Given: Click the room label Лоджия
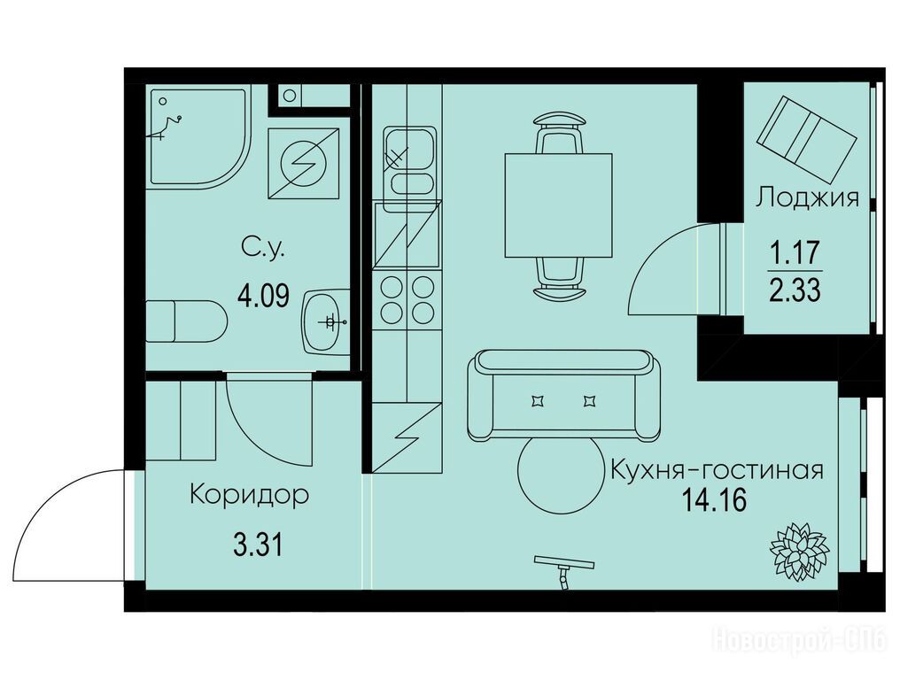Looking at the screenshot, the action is click(806, 197).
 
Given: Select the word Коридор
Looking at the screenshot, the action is click(249, 495).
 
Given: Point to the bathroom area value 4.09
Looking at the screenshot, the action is click(263, 296).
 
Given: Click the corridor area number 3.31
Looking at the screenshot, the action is click(259, 544).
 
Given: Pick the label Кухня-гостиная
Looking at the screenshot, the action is click(717, 470).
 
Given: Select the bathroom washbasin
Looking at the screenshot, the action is click(326, 321).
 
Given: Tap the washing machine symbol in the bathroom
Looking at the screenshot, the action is click(304, 164).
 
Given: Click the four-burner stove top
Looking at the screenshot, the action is click(407, 300).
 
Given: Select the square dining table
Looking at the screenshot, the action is click(558, 205).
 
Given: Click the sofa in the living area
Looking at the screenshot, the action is click(563, 396).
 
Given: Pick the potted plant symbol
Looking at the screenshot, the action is click(798, 551).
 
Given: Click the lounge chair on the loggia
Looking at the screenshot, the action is click(806, 137).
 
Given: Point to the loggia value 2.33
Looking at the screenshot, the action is click(795, 290).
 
